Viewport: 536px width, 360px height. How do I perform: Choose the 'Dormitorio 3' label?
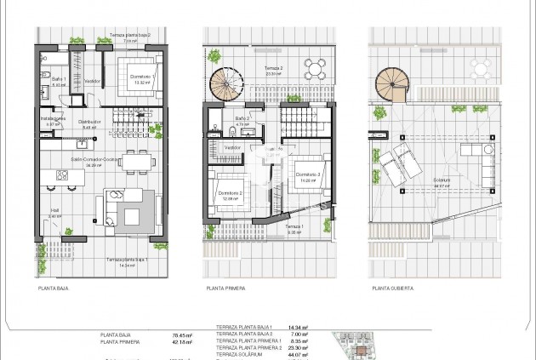tap(306, 176)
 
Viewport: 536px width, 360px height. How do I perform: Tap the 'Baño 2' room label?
tap(242, 119)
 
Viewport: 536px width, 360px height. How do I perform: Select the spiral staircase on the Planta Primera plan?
tap(227, 83)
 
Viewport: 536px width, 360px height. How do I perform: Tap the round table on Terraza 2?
tap(316, 69)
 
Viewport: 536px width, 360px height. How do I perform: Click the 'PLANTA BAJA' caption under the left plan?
tap(53, 289)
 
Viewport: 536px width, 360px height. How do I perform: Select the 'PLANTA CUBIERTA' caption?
tap(392, 289)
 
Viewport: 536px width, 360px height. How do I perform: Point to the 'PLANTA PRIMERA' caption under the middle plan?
tap(225, 289)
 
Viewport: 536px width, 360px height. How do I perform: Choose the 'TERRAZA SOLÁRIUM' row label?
tap(242, 355)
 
